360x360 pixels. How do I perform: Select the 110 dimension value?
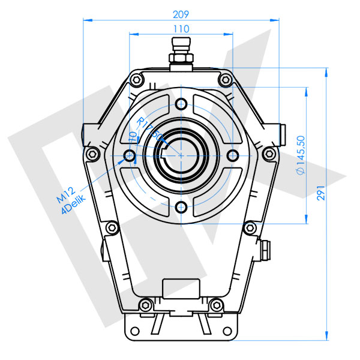181,28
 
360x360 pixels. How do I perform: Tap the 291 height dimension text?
322,190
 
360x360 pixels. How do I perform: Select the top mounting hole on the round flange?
181,103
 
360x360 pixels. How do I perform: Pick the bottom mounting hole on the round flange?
181,208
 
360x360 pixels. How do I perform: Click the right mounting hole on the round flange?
233,155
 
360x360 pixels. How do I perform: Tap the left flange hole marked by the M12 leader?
129,156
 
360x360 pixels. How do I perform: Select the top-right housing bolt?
224,79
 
